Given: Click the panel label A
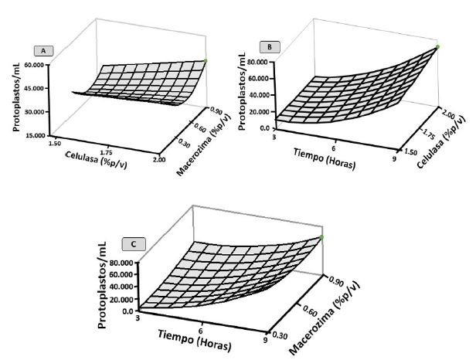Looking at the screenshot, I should click(x=44, y=50).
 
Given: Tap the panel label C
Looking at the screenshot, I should click(x=134, y=245).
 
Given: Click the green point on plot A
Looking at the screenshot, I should click(x=206, y=60).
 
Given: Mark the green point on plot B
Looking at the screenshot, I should click(x=438, y=47).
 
